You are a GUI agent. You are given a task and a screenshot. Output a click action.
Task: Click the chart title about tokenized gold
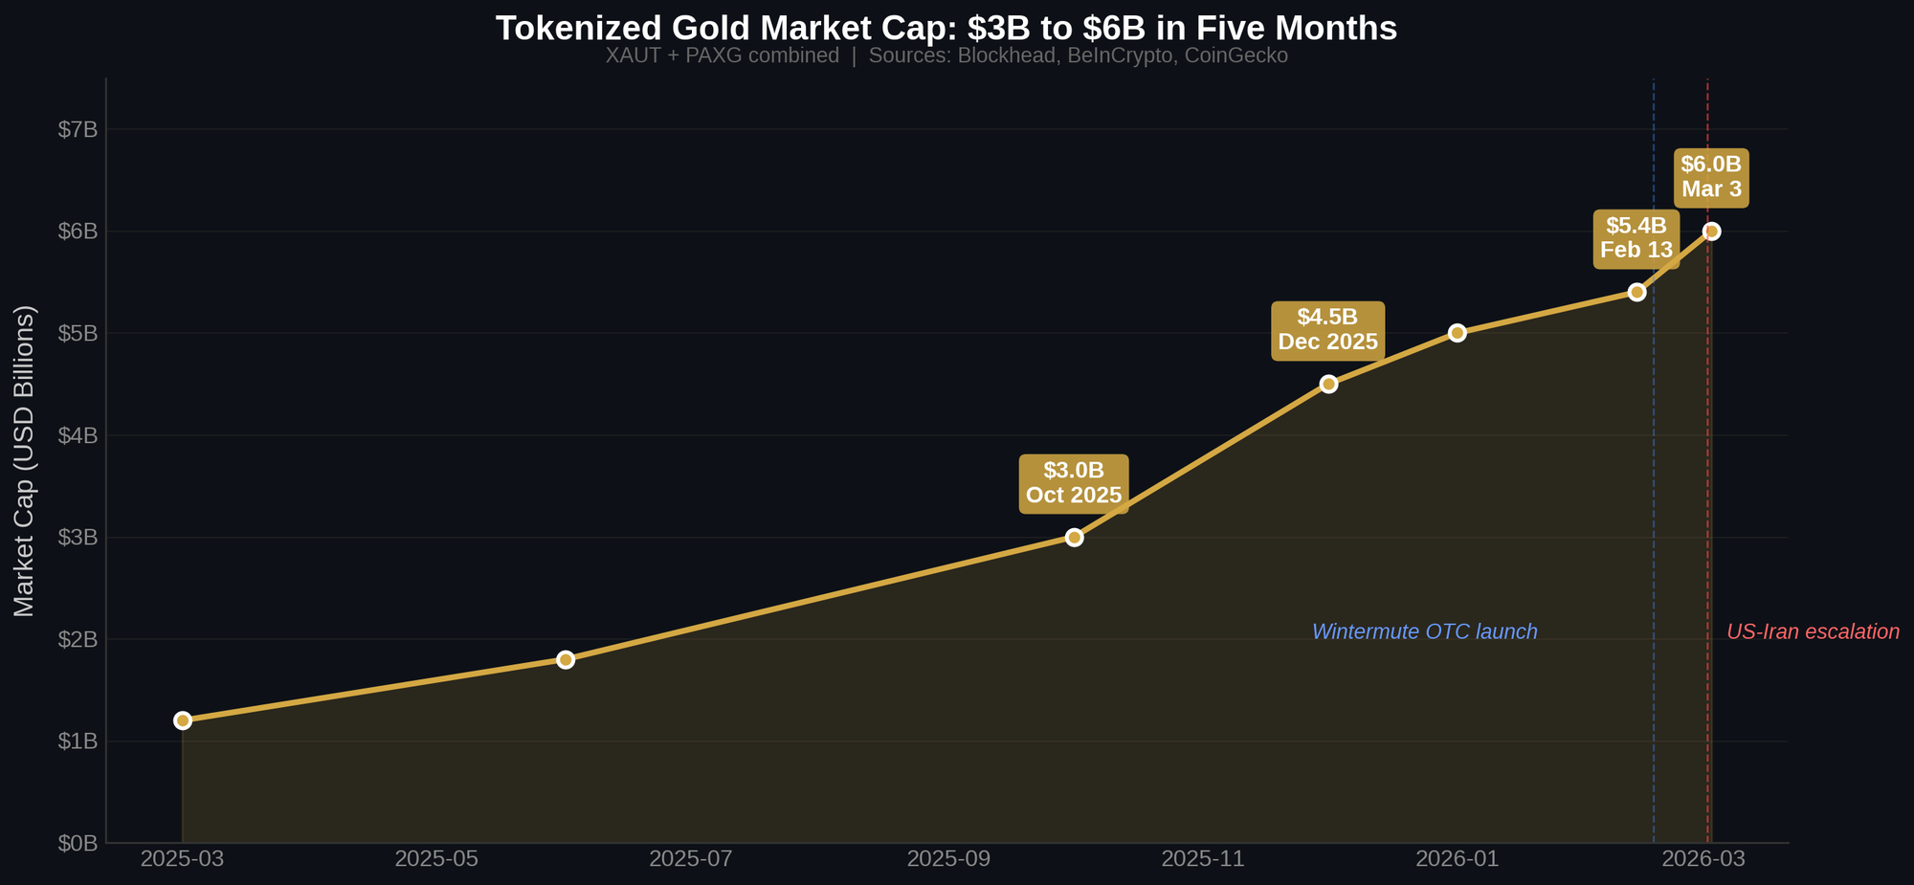click(946, 29)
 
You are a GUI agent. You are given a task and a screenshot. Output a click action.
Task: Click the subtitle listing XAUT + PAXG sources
click(946, 56)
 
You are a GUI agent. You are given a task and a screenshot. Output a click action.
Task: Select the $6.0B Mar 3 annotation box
click(1711, 177)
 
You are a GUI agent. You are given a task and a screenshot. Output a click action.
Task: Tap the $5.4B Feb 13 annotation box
click(1636, 238)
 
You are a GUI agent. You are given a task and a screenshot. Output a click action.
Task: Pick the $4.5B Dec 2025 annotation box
click(1327, 330)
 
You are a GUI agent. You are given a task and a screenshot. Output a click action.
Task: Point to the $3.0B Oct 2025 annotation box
click(1074, 483)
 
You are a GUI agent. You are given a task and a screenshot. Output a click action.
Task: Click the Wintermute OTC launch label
click(1424, 632)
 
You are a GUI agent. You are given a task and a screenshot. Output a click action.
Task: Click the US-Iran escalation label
click(1813, 632)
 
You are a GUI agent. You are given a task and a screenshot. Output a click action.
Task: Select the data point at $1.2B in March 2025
click(183, 720)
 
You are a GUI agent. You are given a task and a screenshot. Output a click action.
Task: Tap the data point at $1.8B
click(566, 659)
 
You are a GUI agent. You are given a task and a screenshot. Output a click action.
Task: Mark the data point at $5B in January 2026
click(1457, 333)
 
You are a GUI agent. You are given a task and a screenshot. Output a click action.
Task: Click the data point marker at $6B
click(1711, 232)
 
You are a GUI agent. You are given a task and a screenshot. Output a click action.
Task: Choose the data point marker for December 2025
click(1328, 384)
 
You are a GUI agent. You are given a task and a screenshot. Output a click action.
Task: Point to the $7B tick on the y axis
click(78, 130)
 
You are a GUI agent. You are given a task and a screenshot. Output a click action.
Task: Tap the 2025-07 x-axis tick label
click(690, 859)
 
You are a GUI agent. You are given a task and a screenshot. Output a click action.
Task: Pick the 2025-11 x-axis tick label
click(1202, 859)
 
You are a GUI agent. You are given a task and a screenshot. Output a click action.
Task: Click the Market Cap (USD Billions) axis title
click(25, 461)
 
